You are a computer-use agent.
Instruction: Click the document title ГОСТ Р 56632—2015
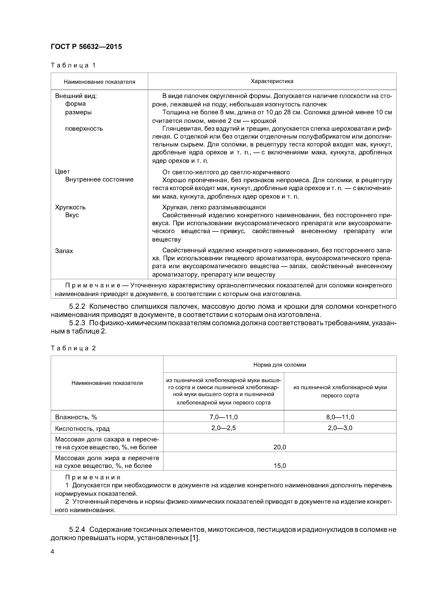86,47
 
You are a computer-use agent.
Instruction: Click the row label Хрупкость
70,207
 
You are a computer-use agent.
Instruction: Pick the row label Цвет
62,172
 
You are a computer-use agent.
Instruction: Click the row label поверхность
84,129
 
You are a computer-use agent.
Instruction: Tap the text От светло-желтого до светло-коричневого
226,172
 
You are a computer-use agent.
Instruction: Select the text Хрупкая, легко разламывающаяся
214,207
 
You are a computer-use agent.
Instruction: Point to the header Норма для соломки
280,365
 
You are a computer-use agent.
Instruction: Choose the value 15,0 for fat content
280,466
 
